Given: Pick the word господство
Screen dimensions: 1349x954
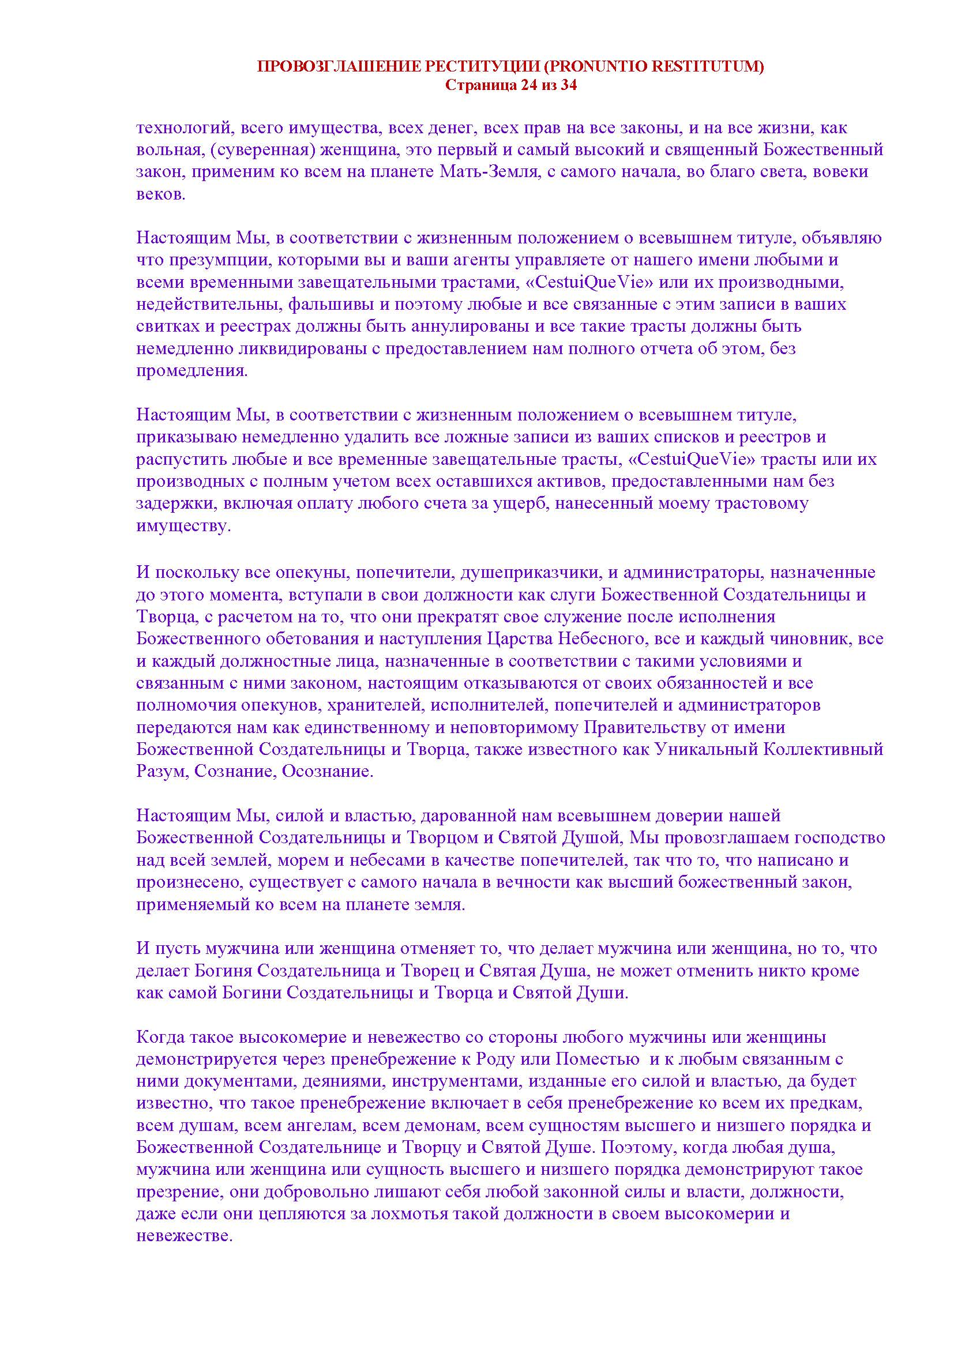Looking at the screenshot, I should point(836,839).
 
